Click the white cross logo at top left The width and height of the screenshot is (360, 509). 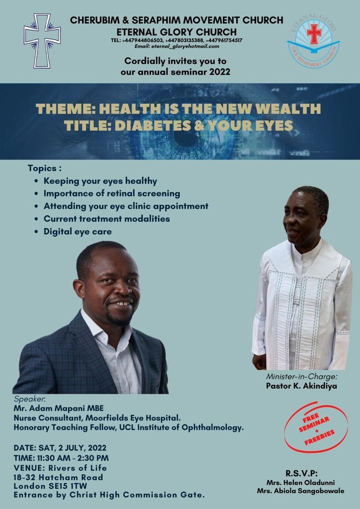pyautogui.click(x=42, y=41)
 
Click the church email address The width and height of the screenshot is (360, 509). pyautogui.click(x=177, y=46)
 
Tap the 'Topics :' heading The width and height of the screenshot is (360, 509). pyautogui.click(x=44, y=169)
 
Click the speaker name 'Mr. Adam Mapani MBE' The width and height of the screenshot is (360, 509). pyautogui.click(x=59, y=408)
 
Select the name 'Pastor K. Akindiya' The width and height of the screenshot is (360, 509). pyautogui.click(x=301, y=386)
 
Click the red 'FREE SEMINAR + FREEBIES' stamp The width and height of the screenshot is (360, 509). pyautogui.click(x=316, y=427)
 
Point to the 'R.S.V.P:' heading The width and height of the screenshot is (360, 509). pyautogui.click(x=301, y=474)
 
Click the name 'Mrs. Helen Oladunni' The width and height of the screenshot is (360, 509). pyautogui.click(x=301, y=483)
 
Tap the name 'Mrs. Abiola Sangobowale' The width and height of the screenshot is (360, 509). pyautogui.click(x=301, y=491)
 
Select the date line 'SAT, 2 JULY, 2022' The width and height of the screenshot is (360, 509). pyautogui.click(x=72, y=448)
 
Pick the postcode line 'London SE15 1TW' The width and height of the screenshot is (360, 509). pyautogui.click(x=50, y=486)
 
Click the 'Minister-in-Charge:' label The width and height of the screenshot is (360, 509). pyautogui.click(x=302, y=377)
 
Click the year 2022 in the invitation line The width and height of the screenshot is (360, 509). pyautogui.click(x=219, y=72)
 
